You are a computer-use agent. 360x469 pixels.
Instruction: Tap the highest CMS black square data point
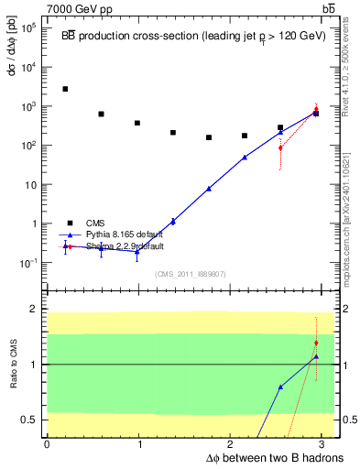(x=65, y=89)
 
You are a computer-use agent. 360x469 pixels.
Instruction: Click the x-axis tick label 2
(x=233, y=444)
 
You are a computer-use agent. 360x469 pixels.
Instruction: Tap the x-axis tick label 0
(x=47, y=444)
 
